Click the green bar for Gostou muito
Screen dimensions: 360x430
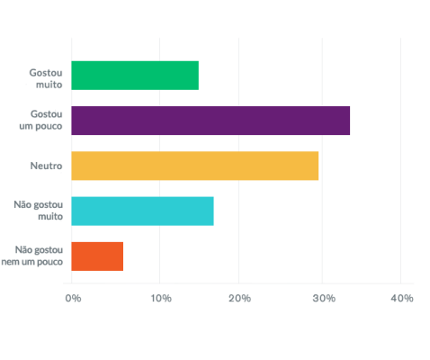[x=135, y=76]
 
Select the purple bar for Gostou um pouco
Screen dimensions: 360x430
[x=211, y=121]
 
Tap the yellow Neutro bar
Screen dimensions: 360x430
[x=195, y=166]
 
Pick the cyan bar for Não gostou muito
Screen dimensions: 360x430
[x=142, y=211]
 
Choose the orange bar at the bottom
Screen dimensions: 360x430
[x=97, y=256]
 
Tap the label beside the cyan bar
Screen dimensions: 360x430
[x=38, y=211]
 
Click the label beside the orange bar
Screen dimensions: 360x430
[x=38, y=256]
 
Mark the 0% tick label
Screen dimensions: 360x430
[x=73, y=298]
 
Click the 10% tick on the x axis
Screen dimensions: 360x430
[x=160, y=298]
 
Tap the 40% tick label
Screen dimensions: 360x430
[x=401, y=298]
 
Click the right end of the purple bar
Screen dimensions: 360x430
[x=350, y=121]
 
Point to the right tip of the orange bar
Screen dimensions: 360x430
[x=122, y=256]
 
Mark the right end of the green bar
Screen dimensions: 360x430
[x=198, y=76]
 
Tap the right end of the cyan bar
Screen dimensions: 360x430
[x=213, y=211]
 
